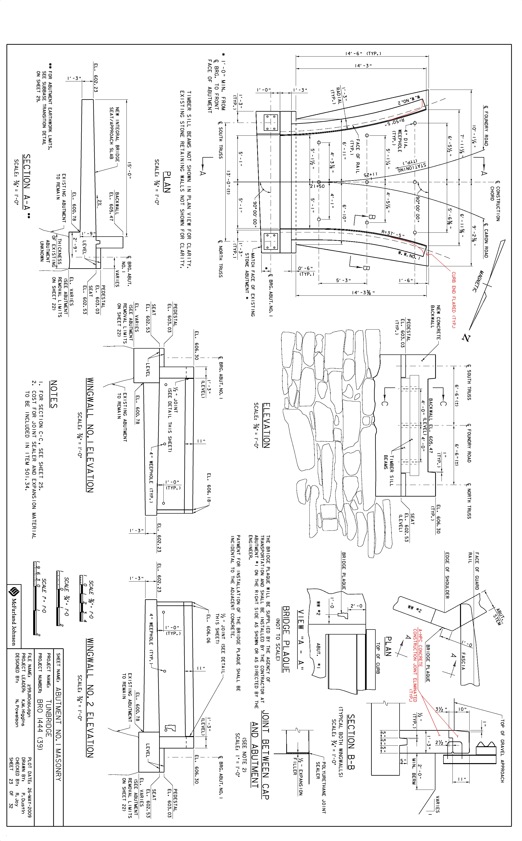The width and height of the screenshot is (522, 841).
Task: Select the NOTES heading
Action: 54,394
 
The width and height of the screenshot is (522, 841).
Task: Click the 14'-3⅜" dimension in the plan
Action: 363,293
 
